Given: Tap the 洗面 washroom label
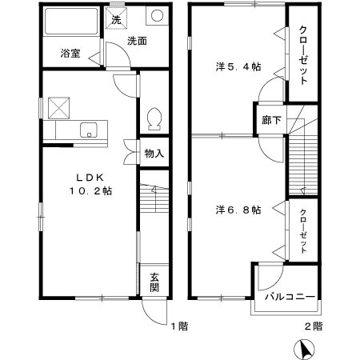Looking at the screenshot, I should tap(137, 40).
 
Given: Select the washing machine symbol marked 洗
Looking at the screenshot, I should tap(116, 19).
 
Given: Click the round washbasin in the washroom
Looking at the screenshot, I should tap(156, 18).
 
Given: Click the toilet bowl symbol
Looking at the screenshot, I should tap(154, 118).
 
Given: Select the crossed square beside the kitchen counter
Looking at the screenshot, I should tap(58, 106).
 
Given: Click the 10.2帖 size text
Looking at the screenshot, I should tap(89, 192).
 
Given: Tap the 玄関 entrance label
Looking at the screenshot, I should tap(154, 282).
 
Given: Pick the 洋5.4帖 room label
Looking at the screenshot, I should tap(238, 66).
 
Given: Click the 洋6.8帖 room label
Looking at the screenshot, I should tap(238, 210).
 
